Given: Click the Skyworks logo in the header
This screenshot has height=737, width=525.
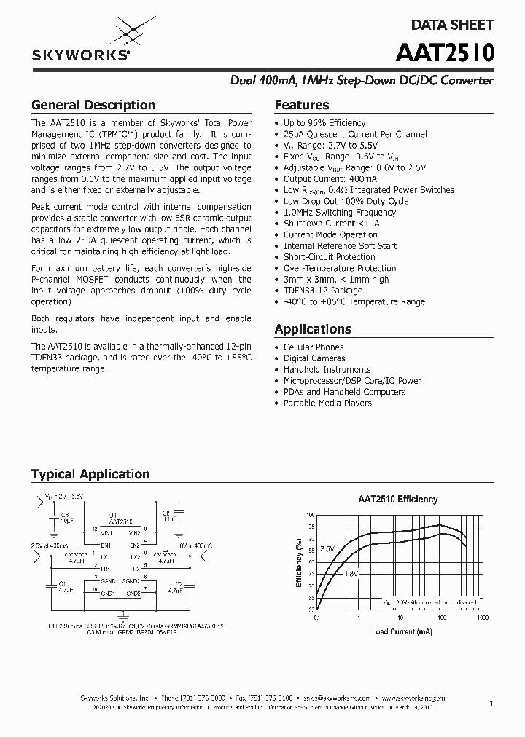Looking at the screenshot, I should coord(81,40).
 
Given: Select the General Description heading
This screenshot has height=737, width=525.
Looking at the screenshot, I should coord(93,105).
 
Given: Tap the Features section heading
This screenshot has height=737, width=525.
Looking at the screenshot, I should coord(301,105).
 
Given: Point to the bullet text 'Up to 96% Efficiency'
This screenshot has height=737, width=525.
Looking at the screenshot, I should coord(324,123).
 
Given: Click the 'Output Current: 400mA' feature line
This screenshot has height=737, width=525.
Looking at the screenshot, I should coord(330,179).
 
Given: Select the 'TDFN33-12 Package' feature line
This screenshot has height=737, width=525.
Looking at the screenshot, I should coord(322,291).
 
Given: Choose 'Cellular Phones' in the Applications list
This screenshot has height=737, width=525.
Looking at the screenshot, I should coord(314,347).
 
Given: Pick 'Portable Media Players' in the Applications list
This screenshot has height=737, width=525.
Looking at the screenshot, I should coord(327,403).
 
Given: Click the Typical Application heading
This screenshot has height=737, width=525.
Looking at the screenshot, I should coord(90,474).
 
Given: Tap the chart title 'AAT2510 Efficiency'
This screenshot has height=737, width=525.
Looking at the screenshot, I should coord(397,500).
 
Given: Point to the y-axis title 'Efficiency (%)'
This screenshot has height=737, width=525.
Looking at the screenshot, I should coord(299,562).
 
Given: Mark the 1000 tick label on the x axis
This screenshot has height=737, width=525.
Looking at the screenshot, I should coord(482,618).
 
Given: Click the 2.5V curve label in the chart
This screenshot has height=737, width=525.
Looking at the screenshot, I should coord(328,548).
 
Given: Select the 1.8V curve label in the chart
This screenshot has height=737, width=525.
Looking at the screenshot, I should coord(351,574).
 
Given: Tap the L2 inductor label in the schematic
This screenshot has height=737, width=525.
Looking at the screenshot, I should coord(165,548).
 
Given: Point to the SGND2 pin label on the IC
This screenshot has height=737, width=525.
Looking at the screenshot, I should coord(131,581).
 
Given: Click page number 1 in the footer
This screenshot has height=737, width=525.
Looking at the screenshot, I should coord(491,703).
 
